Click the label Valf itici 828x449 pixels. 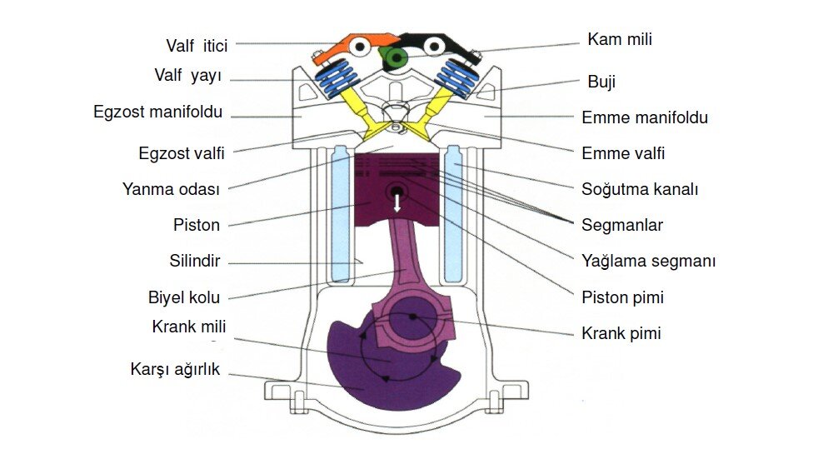pyautogui.click(x=197, y=44)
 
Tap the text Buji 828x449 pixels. pyautogui.click(x=601, y=82)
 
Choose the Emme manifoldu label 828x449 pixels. pyautogui.click(x=645, y=117)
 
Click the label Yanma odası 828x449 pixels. pyautogui.click(x=171, y=189)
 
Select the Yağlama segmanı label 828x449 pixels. pyautogui.click(x=649, y=261)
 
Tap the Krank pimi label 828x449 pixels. pyautogui.click(x=621, y=333)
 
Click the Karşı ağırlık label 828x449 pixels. pyautogui.click(x=175, y=368)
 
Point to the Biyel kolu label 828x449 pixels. pyautogui.click(x=183, y=297)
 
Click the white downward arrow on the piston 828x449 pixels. pyautogui.click(x=397, y=201)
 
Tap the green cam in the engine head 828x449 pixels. pyautogui.click(x=393, y=57)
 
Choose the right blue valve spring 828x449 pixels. pyautogui.click(x=455, y=79)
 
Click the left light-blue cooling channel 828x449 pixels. pyautogui.click(x=340, y=212)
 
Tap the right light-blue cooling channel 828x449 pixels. pyautogui.click(x=455, y=212)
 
